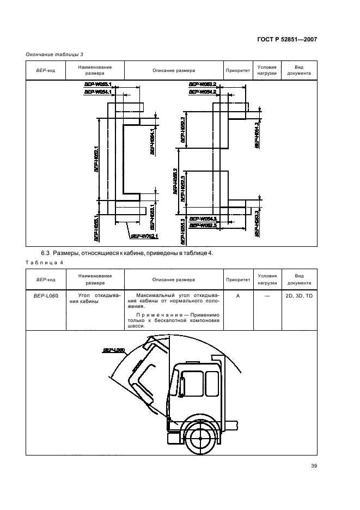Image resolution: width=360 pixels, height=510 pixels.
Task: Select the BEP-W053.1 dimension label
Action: pos(97,84)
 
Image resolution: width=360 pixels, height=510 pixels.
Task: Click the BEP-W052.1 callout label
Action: pos(144,236)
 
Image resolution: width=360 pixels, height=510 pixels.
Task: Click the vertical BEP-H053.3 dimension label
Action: pos(256,224)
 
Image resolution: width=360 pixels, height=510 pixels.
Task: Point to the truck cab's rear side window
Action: pos(208,383)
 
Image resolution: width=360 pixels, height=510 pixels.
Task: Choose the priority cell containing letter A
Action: pos(237,295)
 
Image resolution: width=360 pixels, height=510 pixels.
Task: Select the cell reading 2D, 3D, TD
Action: pos(299,295)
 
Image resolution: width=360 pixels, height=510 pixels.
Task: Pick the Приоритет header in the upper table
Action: pos(237,70)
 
